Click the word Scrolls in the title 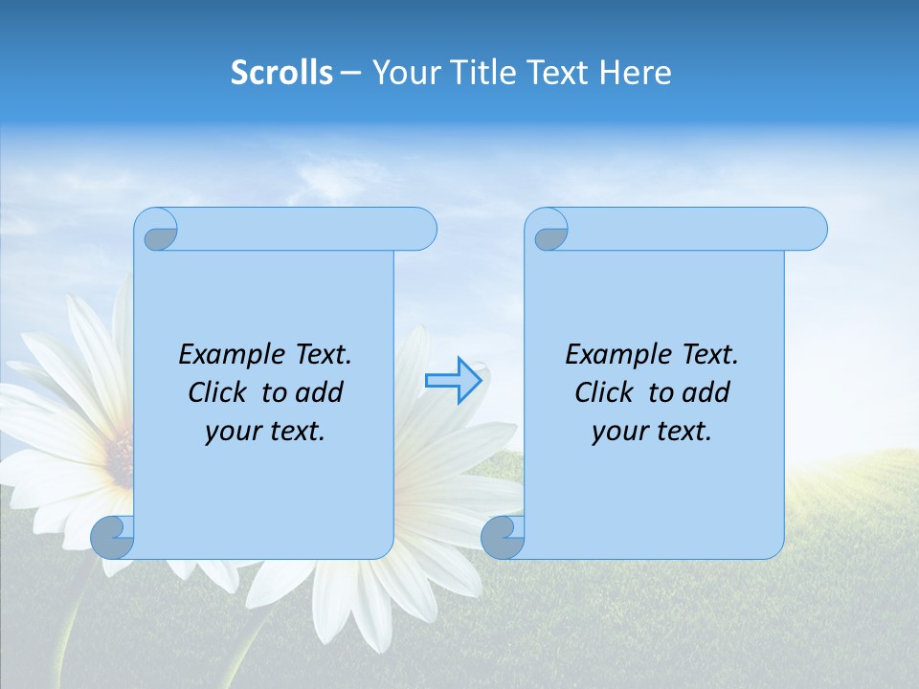coord(281,72)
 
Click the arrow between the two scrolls coord(453,381)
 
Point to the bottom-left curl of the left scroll coord(112,537)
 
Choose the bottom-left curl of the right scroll coord(502,537)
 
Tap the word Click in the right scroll coord(603,392)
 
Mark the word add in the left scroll coord(319,392)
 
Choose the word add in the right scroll coord(706,392)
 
